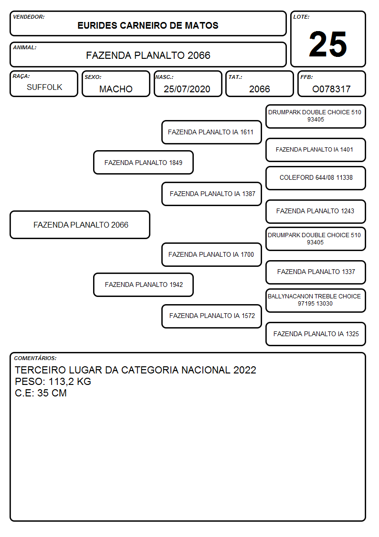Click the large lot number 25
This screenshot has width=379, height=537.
[x=328, y=44]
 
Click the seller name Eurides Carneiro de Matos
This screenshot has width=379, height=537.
[x=148, y=25]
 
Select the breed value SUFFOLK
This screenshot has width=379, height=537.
[x=44, y=88]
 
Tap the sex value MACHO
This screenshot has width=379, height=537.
[x=116, y=89]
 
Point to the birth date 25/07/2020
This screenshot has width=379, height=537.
[x=187, y=89]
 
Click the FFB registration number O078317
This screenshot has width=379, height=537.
[x=331, y=89]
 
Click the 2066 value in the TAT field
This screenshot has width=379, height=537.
[x=259, y=89]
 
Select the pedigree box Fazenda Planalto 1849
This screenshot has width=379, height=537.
[x=144, y=162]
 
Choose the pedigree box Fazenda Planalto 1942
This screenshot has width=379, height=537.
[x=144, y=285]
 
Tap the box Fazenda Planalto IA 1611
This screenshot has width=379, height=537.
[x=211, y=132]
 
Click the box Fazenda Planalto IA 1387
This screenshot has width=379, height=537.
[x=211, y=194]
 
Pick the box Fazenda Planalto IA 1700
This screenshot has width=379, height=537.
[x=211, y=254]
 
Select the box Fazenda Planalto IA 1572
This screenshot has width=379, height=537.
[x=211, y=316]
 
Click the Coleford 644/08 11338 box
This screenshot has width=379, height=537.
[x=316, y=178]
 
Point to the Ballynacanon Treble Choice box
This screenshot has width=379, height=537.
[x=316, y=300]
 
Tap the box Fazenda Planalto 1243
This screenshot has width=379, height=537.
[x=316, y=211]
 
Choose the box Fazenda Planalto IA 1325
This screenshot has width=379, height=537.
[x=316, y=334]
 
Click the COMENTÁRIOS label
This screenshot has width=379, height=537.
[x=35, y=358]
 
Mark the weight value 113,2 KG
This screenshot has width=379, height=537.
[x=70, y=382]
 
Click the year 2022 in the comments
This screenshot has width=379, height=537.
[x=245, y=370]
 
